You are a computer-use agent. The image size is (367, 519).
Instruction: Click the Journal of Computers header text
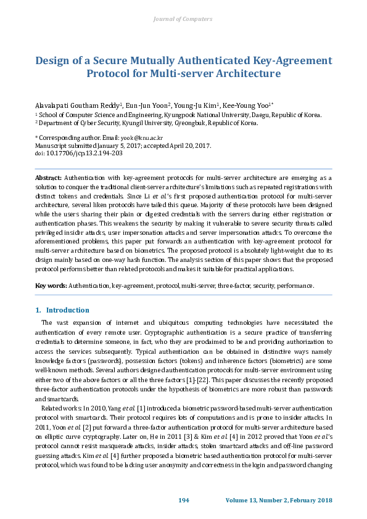pyautogui.click(x=183, y=19)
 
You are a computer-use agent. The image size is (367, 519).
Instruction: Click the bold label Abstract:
pyautogui.click(x=48, y=177)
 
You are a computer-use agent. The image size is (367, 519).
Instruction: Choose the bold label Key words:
pyautogui.click(x=51, y=285)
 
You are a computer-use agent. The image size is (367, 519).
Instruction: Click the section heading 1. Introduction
pyautogui.click(x=62, y=310)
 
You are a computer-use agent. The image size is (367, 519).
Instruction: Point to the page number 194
pyautogui.click(x=183, y=499)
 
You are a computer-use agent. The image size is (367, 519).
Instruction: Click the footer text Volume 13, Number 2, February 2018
pyautogui.click(x=279, y=499)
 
